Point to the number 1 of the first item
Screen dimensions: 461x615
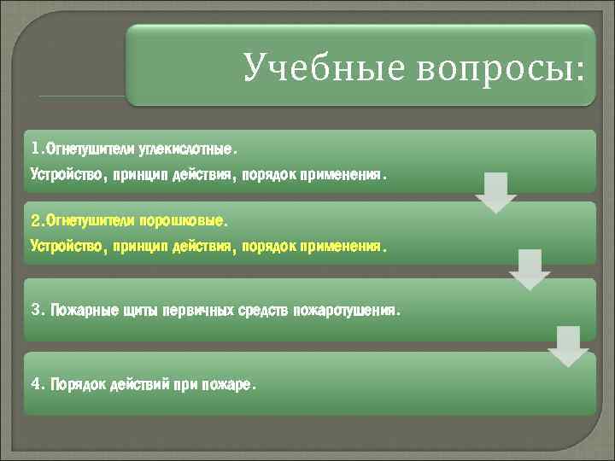(x=35, y=150)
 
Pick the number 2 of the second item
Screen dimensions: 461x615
(x=35, y=221)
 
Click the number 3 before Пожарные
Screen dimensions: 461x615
(x=35, y=309)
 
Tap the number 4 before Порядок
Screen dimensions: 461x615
(x=35, y=384)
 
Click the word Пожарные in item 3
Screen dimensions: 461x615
(x=79, y=309)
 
